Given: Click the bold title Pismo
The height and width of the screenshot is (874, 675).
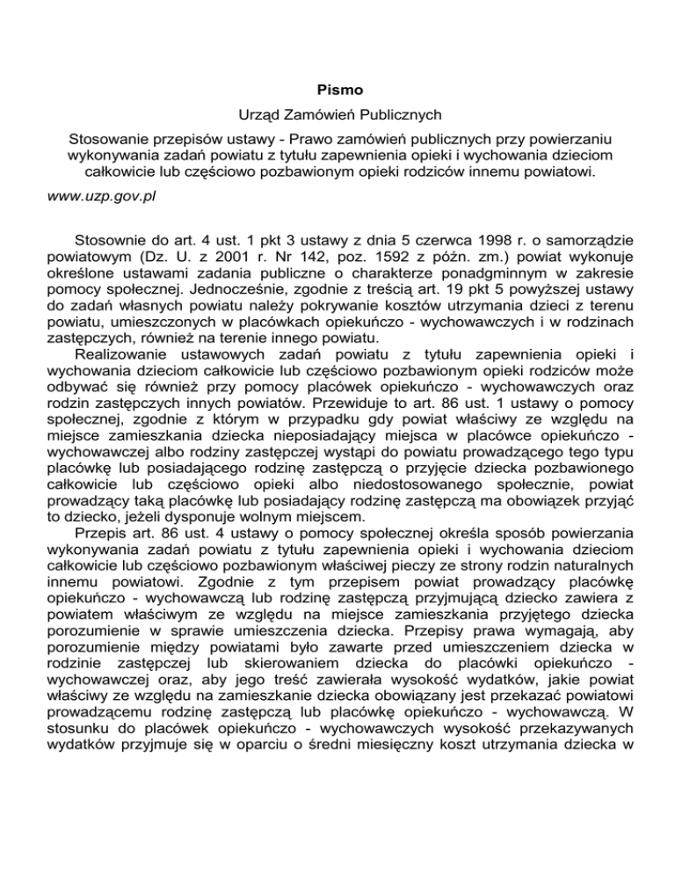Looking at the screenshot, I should click(337, 89).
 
